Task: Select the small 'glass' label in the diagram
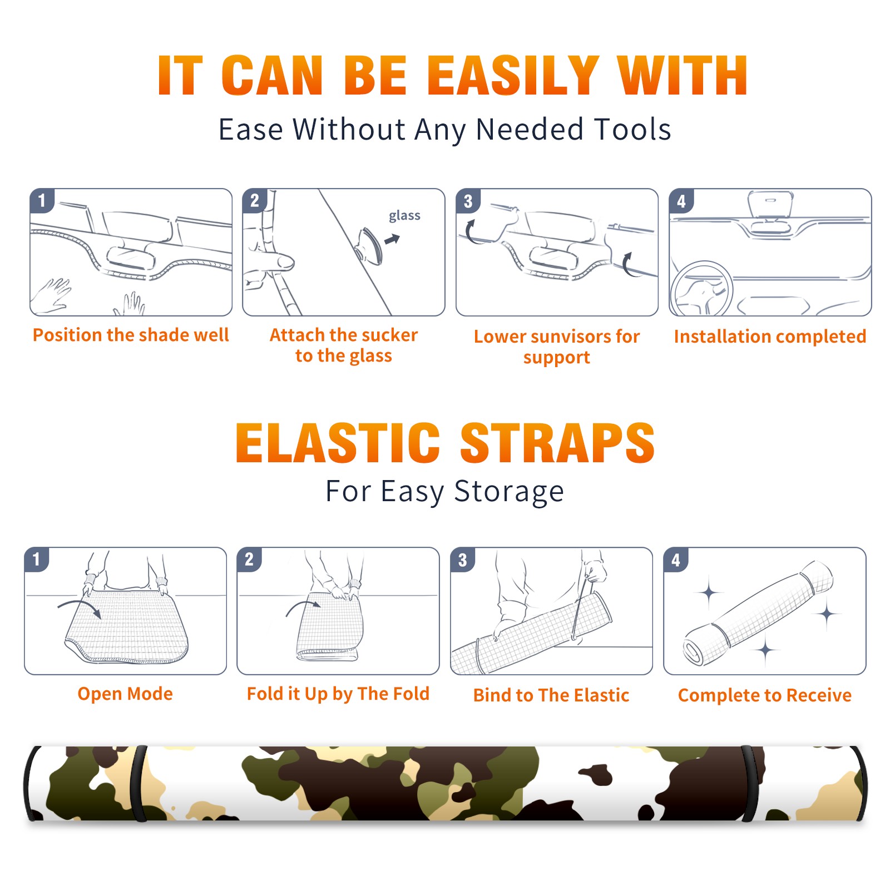[404, 216]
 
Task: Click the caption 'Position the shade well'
[131, 335]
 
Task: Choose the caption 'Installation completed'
[770, 337]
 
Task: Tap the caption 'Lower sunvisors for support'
[557, 347]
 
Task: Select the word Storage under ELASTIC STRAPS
[509, 492]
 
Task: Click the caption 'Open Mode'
[125, 694]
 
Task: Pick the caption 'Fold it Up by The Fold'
[338, 694]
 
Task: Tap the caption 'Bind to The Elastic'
[551, 695]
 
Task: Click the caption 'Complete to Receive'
[765, 695]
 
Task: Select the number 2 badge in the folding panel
[249, 560]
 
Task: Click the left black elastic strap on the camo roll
[139, 783]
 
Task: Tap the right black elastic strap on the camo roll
[749, 783]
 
